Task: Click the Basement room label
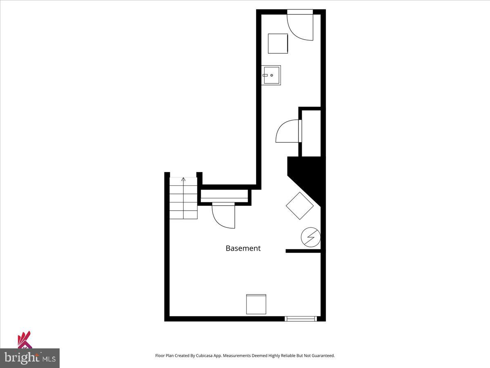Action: click(243, 248)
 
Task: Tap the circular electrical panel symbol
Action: click(311, 238)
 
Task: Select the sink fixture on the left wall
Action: click(272, 75)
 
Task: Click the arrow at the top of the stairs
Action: click(183, 179)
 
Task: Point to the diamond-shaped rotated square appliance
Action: click(300, 206)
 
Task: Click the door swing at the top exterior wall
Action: click(300, 25)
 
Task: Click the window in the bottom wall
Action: click(301, 319)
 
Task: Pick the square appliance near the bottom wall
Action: click(256, 304)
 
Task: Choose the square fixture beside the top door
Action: click(278, 43)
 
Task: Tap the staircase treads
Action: click(183, 200)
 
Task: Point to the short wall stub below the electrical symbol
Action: click(303, 251)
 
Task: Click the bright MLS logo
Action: click(29, 358)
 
